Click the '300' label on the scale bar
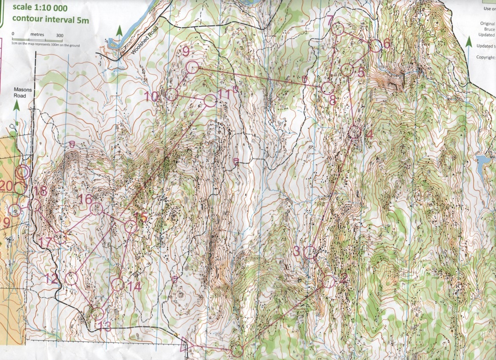click(59, 36)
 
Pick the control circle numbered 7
click(337, 29)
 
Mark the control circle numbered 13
click(97, 313)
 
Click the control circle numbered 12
click(72, 279)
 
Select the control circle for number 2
click(329, 281)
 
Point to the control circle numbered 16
click(97, 208)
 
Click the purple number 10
click(151, 97)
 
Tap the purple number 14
click(134, 286)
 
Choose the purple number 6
click(386, 44)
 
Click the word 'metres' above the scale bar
click(37, 35)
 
